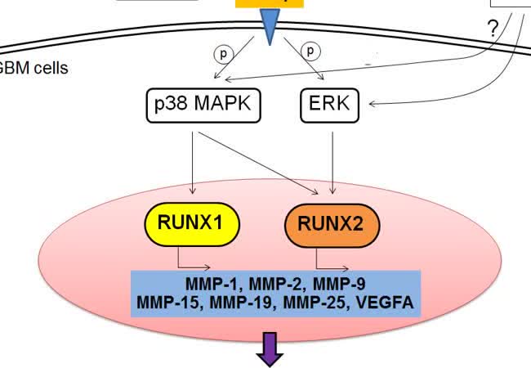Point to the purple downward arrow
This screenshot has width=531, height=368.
[270, 349]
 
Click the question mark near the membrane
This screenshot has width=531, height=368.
[493, 28]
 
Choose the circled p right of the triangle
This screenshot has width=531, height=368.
[310, 51]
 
